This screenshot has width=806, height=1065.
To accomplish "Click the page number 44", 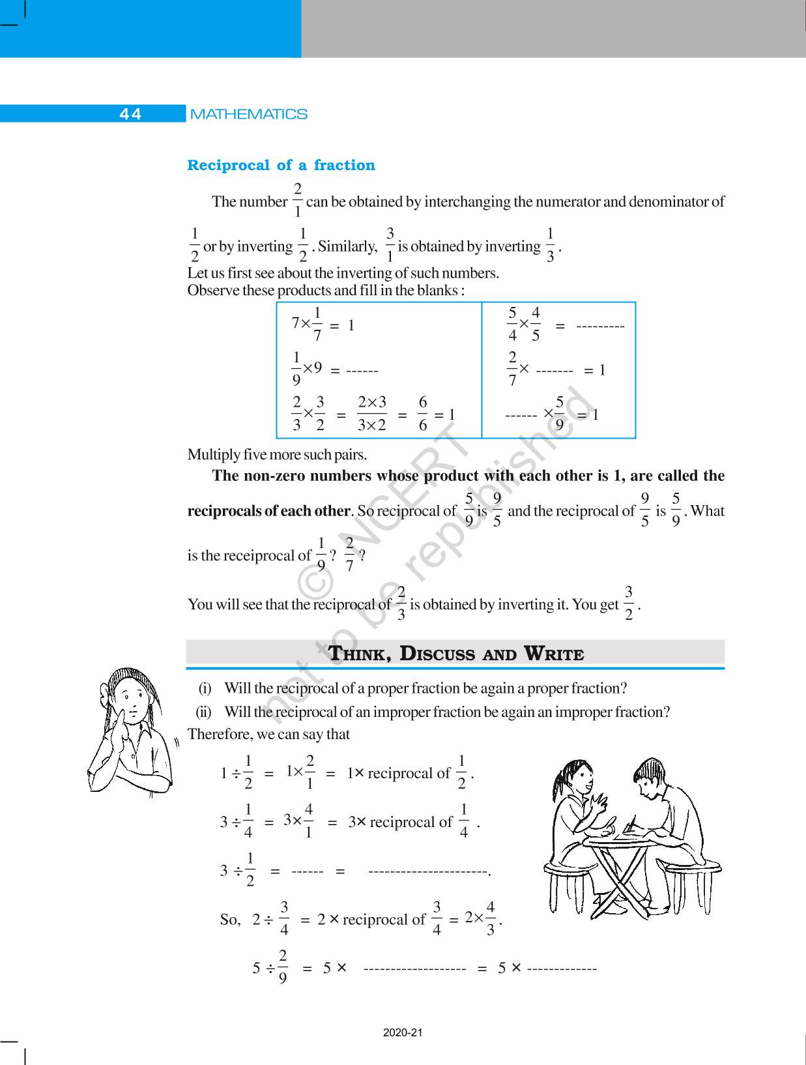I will point(130,114).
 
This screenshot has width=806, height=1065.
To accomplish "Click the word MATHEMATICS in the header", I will point(248,114).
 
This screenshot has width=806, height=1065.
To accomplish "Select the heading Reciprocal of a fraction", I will point(281,166).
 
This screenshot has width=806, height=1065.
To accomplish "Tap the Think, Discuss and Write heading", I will point(455,654).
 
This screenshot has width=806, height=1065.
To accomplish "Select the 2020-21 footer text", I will point(403,1033).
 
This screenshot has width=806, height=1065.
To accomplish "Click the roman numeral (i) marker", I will point(205,688).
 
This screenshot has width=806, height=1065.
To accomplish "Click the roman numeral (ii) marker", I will point(204,712).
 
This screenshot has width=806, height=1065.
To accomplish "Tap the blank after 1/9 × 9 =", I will point(362,371).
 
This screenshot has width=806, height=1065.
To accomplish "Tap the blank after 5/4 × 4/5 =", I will point(600,326).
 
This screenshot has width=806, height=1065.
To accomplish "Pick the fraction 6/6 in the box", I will point(423,414).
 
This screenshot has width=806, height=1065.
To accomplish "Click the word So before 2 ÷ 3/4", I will point(229,920).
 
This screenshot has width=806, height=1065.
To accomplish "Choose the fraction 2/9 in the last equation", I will point(282,967).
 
